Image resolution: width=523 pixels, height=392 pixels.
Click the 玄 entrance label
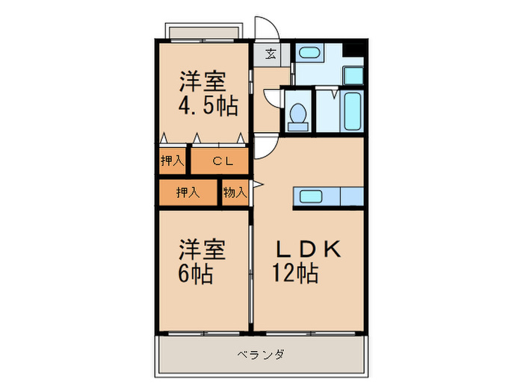270,54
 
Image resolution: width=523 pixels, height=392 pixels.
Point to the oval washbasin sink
308,53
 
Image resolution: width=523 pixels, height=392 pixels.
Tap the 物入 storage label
235,193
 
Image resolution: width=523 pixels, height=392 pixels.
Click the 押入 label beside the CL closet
173,161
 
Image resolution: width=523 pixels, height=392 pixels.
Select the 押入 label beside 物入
188,193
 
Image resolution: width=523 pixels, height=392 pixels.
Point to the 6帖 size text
195,274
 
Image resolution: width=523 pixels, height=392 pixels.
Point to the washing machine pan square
353,76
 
